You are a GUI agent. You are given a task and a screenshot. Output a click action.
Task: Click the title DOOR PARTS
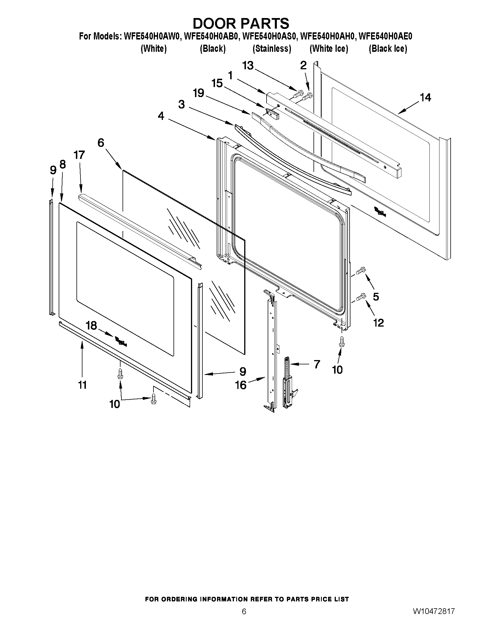coord(240,24)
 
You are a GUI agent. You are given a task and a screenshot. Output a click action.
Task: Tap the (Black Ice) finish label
coord(388,49)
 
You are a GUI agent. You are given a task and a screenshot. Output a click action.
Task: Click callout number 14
coord(425,98)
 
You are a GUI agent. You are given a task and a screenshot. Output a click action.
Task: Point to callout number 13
coord(248,66)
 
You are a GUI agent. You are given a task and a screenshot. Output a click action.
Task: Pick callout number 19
coord(198,93)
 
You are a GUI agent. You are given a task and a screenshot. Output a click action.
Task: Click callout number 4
coord(161,116)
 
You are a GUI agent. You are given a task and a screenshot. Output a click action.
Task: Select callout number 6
coord(101,143)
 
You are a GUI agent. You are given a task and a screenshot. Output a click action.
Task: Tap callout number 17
coord(79,155)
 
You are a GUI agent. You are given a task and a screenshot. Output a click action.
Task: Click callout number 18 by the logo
coord(91,326)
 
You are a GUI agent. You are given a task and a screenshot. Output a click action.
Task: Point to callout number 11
coord(82,385)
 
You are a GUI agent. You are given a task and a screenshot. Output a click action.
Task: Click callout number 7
coord(316,364)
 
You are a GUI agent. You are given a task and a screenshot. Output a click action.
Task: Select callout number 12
coord(378,323)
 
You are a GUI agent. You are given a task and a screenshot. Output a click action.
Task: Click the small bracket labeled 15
coord(272,112)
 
